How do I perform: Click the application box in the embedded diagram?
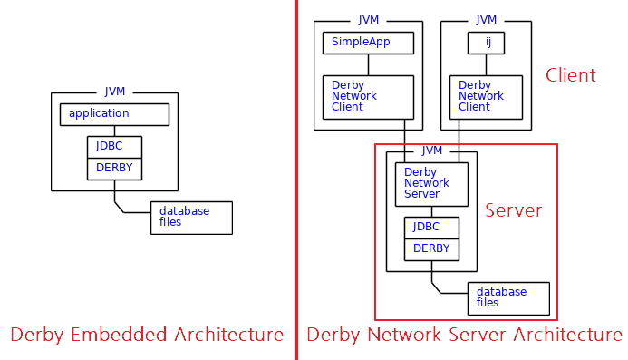point(114,114)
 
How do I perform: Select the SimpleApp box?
point(368,43)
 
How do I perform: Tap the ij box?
point(486,43)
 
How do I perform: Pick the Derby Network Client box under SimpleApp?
point(368,97)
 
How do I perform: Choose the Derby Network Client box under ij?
point(486,97)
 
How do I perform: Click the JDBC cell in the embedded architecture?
point(114,146)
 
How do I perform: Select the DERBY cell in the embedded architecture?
point(114,169)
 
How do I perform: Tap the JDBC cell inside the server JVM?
point(431,227)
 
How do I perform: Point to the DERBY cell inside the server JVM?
point(431,248)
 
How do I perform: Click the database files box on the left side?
point(191,218)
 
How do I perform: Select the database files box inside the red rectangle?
point(508,298)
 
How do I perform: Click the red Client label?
point(570,75)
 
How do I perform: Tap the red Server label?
point(513,211)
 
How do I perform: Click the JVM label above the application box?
point(115,92)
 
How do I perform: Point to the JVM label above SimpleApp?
point(369,20)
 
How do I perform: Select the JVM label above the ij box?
point(487,20)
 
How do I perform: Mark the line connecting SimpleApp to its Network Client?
point(368,64)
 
